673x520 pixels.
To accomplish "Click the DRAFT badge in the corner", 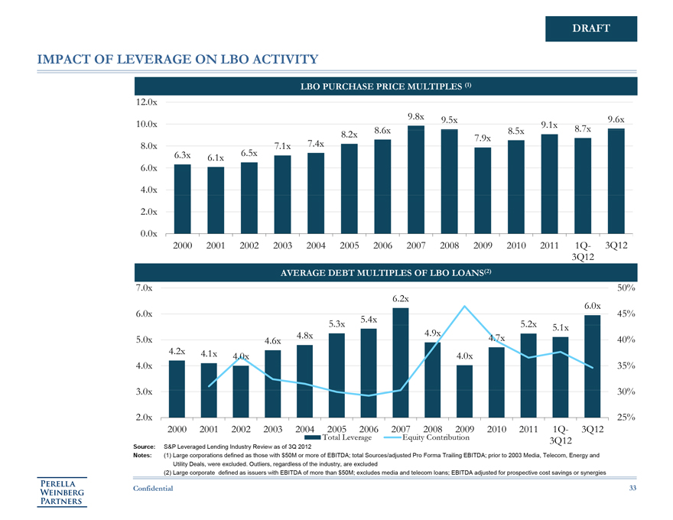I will pyautogui.click(x=590, y=28).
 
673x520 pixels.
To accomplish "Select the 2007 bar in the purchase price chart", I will pyautogui.click(x=416, y=180).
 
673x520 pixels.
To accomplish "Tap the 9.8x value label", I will pyautogui.click(x=416, y=117).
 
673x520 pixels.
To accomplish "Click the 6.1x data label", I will pyautogui.click(x=215, y=158).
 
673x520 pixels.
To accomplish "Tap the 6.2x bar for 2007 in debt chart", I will pyautogui.click(x=400, y=362).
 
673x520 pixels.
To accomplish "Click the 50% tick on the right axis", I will pyautogui.click(x=626, y=288).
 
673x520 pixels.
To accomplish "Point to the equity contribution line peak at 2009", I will pyautogui.click(x=464, y=307).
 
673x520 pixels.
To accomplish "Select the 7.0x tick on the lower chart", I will pyautogui.click(x=143, y=288).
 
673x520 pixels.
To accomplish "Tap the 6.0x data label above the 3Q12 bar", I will pyautogui.click(x=592, y=306).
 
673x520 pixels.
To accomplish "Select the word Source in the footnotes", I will pyautogui.click(x=145, y=445).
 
